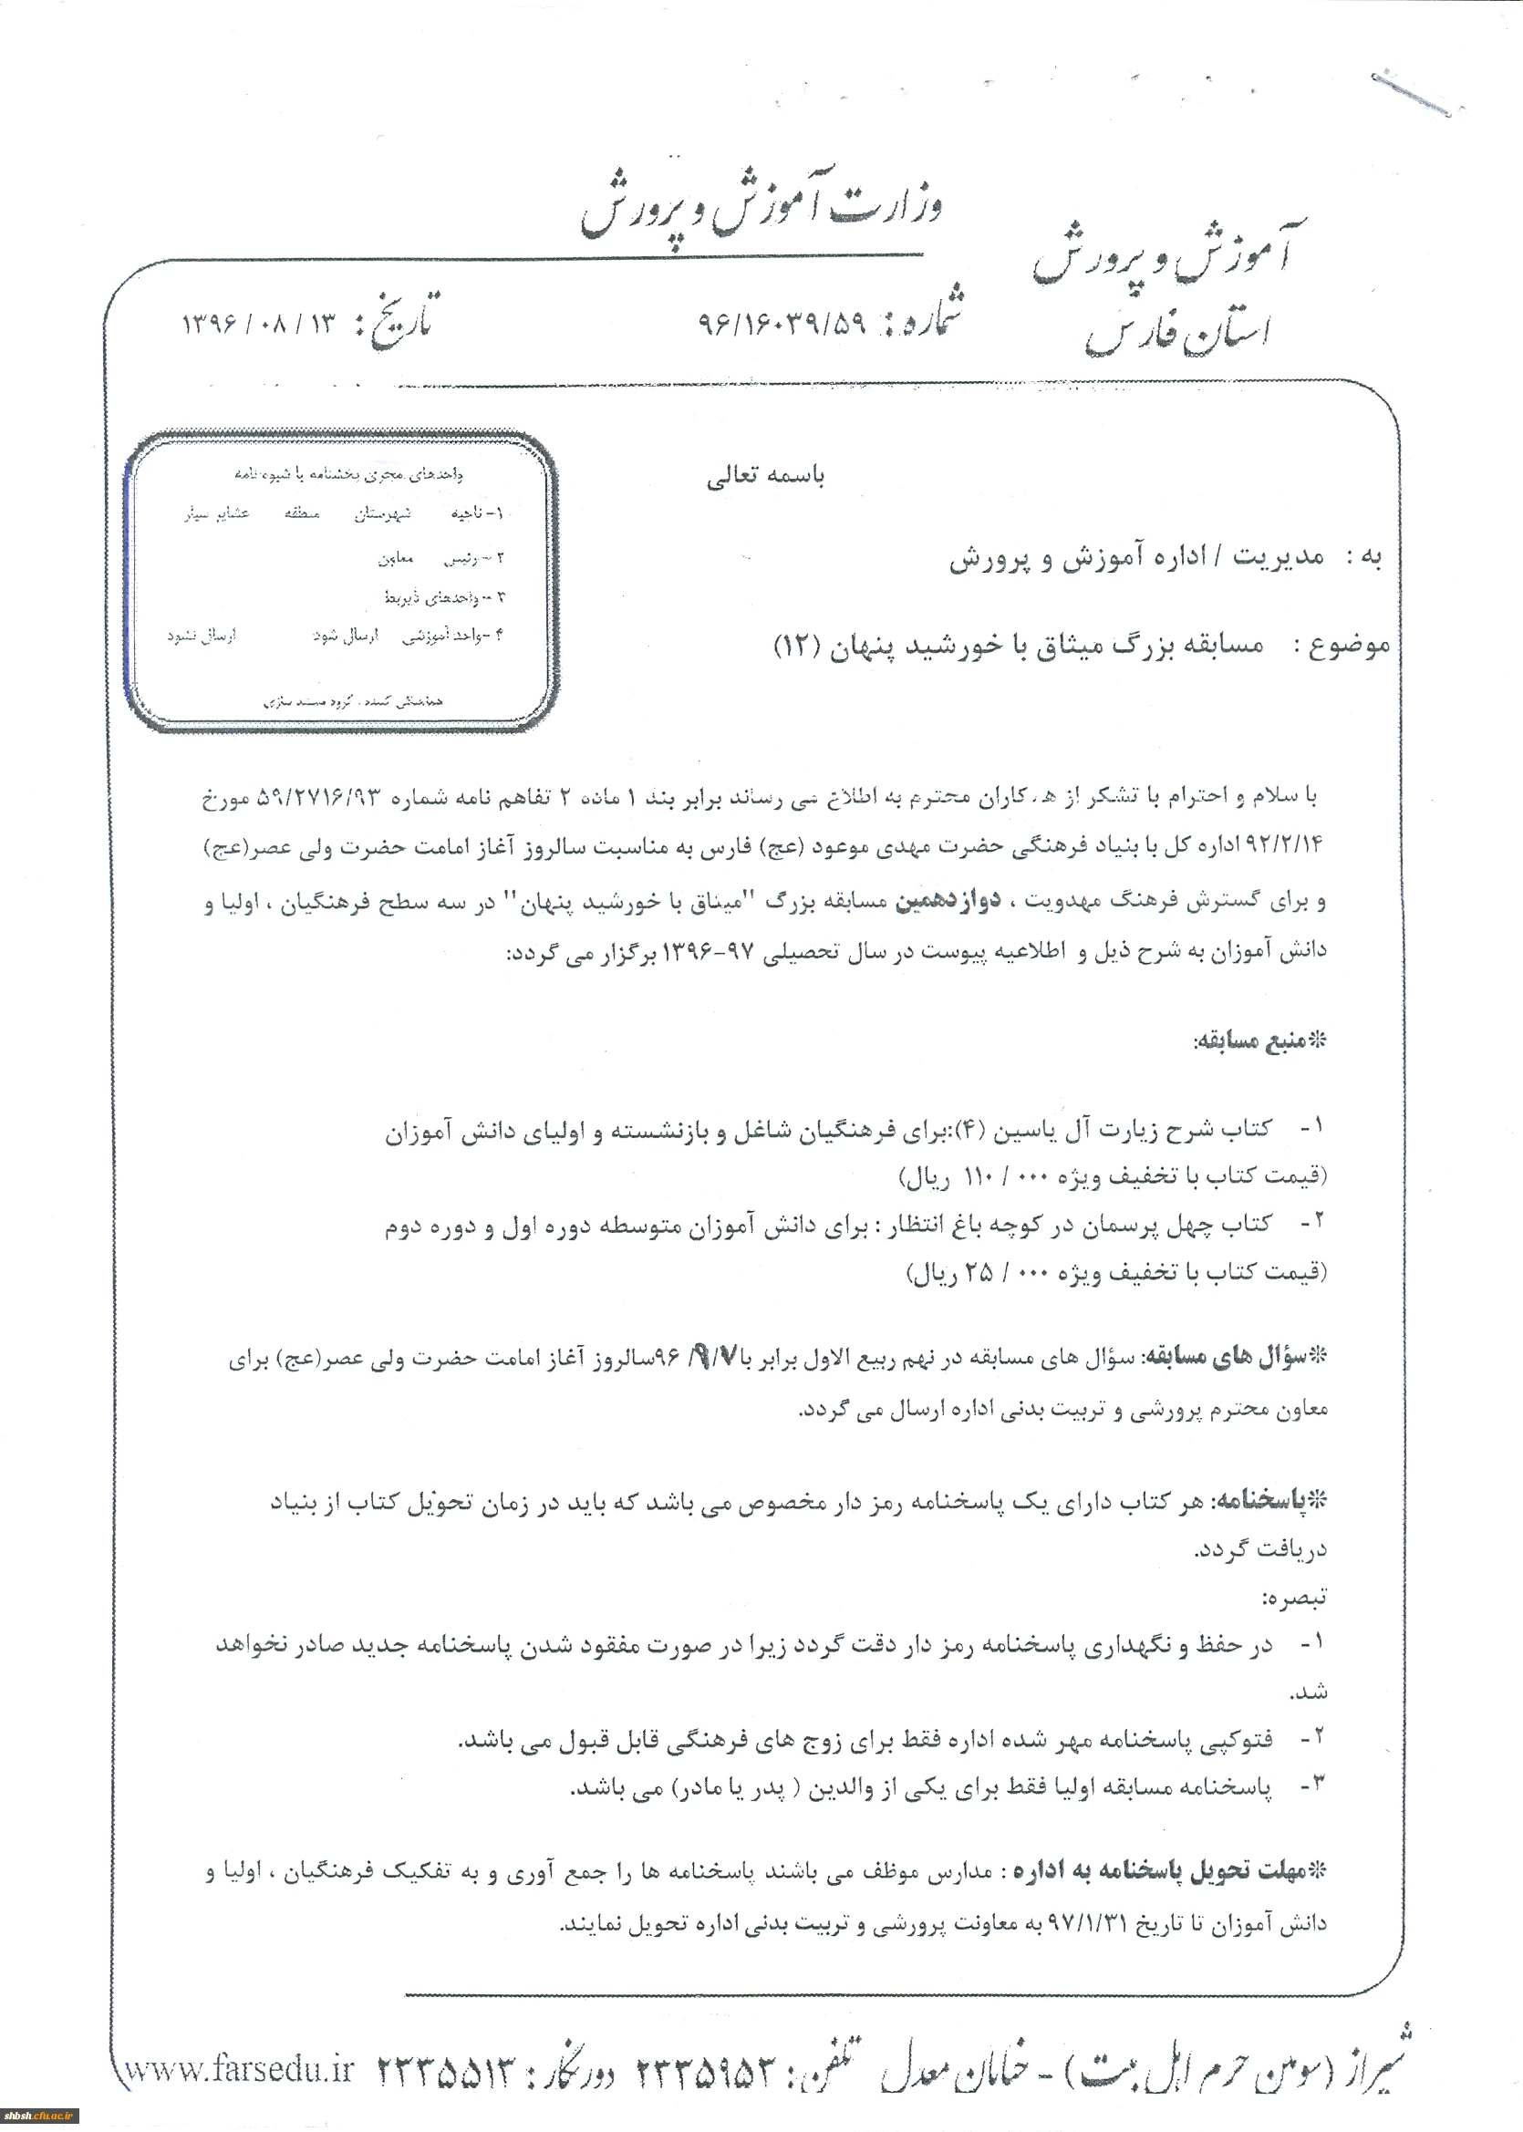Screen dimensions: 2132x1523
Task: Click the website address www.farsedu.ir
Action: point(240,2070)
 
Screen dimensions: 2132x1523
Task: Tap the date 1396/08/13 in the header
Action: point(258,325)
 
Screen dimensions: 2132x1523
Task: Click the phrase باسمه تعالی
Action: point(765,476)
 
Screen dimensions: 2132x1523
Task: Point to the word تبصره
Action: point(1293,1599)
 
